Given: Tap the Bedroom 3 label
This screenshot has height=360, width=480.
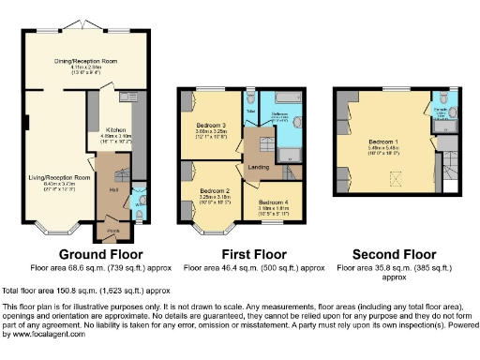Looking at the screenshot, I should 211,125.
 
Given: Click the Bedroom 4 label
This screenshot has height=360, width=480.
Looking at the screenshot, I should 274,202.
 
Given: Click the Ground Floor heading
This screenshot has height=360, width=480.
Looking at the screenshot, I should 101,254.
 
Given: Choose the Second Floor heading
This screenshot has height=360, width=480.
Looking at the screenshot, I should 393,254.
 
